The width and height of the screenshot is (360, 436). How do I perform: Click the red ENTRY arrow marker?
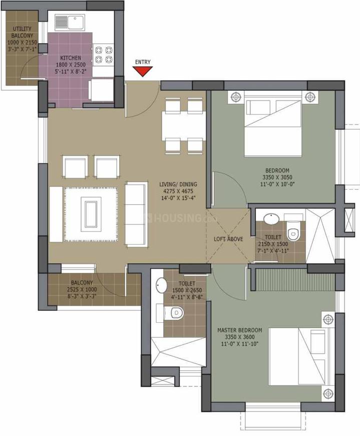[x=143, y=72]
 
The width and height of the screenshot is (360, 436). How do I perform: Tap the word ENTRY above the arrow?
[x=143, y=62]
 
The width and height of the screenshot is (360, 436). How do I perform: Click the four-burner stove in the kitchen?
[x=104, y=55]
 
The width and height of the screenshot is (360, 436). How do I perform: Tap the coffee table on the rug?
[x=91, y=214]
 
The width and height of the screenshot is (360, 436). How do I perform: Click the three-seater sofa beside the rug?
[x=136, y=214]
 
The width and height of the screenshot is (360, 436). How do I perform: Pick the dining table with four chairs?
[x=182, y=125]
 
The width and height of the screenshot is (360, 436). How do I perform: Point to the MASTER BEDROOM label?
[x=239, y=331]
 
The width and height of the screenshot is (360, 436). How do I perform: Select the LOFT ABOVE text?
[x=228, y=239]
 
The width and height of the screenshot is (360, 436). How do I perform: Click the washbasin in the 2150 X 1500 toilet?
[x=271, y=220]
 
